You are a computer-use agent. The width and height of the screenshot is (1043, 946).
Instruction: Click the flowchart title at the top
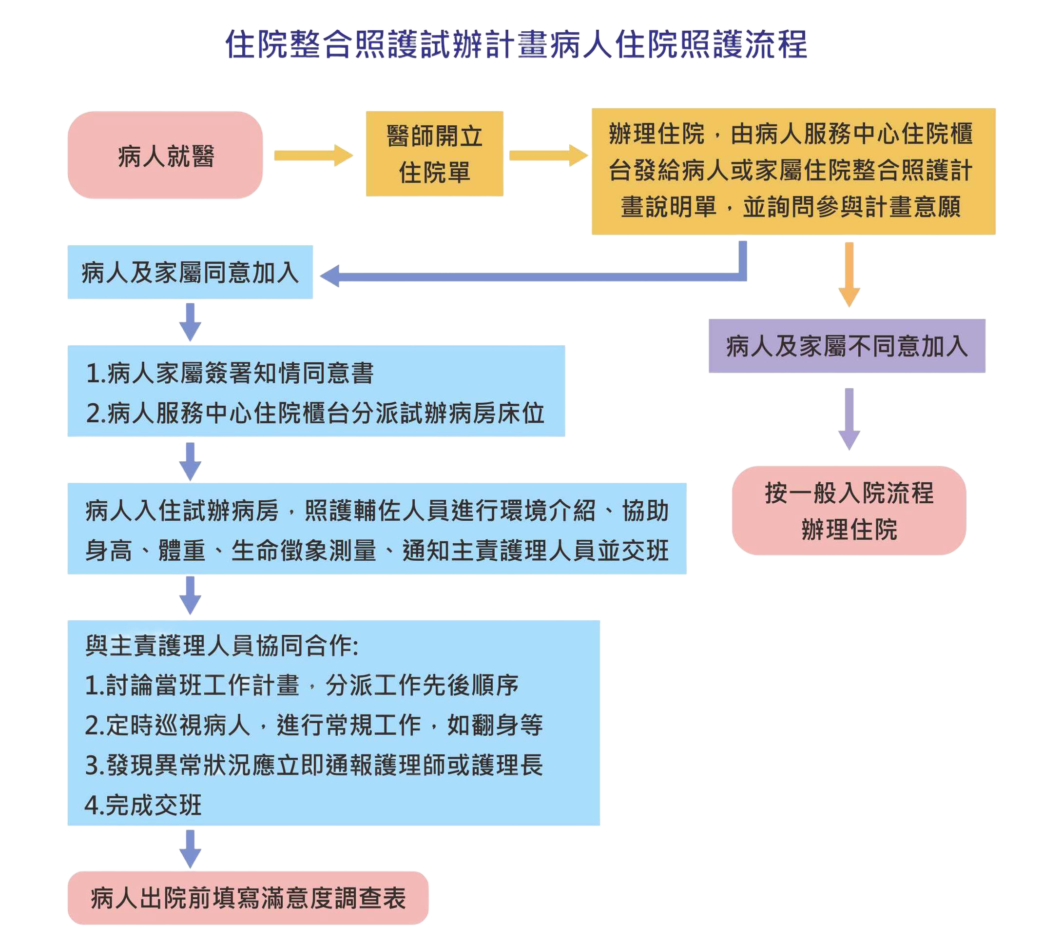pyautogui.click(x=516, y=44)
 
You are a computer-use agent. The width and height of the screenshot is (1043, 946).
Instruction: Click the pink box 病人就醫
pyautogui.click(x=165, y=155)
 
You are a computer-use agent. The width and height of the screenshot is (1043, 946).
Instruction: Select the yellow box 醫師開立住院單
pyautogui.click(x=434, y=154)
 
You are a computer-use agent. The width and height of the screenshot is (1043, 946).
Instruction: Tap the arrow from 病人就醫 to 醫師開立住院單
pyautogui.click(x=313, y=155)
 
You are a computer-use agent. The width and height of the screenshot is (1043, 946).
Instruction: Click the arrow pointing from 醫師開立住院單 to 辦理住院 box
pyautogui.click(x=548, y=155)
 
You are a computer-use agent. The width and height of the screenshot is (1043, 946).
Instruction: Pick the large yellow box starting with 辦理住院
pyautogui.click(x=793, y=171)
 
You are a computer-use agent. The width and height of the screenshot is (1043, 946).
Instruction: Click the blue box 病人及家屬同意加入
pyautogui.click(x=190, y=272)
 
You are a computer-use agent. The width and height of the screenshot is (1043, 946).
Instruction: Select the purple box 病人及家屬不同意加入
pyautogui.click(x=847, y=346)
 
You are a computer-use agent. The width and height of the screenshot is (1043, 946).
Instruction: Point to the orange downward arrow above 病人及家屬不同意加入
pyautogui.click(x=849, y=274)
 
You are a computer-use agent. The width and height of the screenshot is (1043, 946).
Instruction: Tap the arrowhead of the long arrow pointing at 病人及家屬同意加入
pyautogui.click(x=330, y=276)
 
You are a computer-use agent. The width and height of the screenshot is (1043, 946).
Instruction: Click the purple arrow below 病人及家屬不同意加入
pyautogui.click(x=849, y=419)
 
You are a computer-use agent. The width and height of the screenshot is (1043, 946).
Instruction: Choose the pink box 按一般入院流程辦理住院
pyautogui.click(x=849, y=510)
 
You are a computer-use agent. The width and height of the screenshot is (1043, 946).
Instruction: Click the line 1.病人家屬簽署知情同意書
pyautogui.click(x=230, y=373)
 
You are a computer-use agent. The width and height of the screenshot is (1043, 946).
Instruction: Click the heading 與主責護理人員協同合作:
pyautogui.click(x=221, y=645)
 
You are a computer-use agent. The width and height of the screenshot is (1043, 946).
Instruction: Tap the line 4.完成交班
pyautogui.click(x=143, y=805)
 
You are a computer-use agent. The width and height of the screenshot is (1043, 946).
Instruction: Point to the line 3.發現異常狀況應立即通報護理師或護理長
pyautogui.click(x=313, y=765)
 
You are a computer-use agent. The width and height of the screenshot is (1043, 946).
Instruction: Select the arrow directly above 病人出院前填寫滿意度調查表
pyautogui.click(x=191, y=848)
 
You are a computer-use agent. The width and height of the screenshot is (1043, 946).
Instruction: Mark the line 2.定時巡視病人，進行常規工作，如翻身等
pyautogui.click(x=313, y=725)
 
